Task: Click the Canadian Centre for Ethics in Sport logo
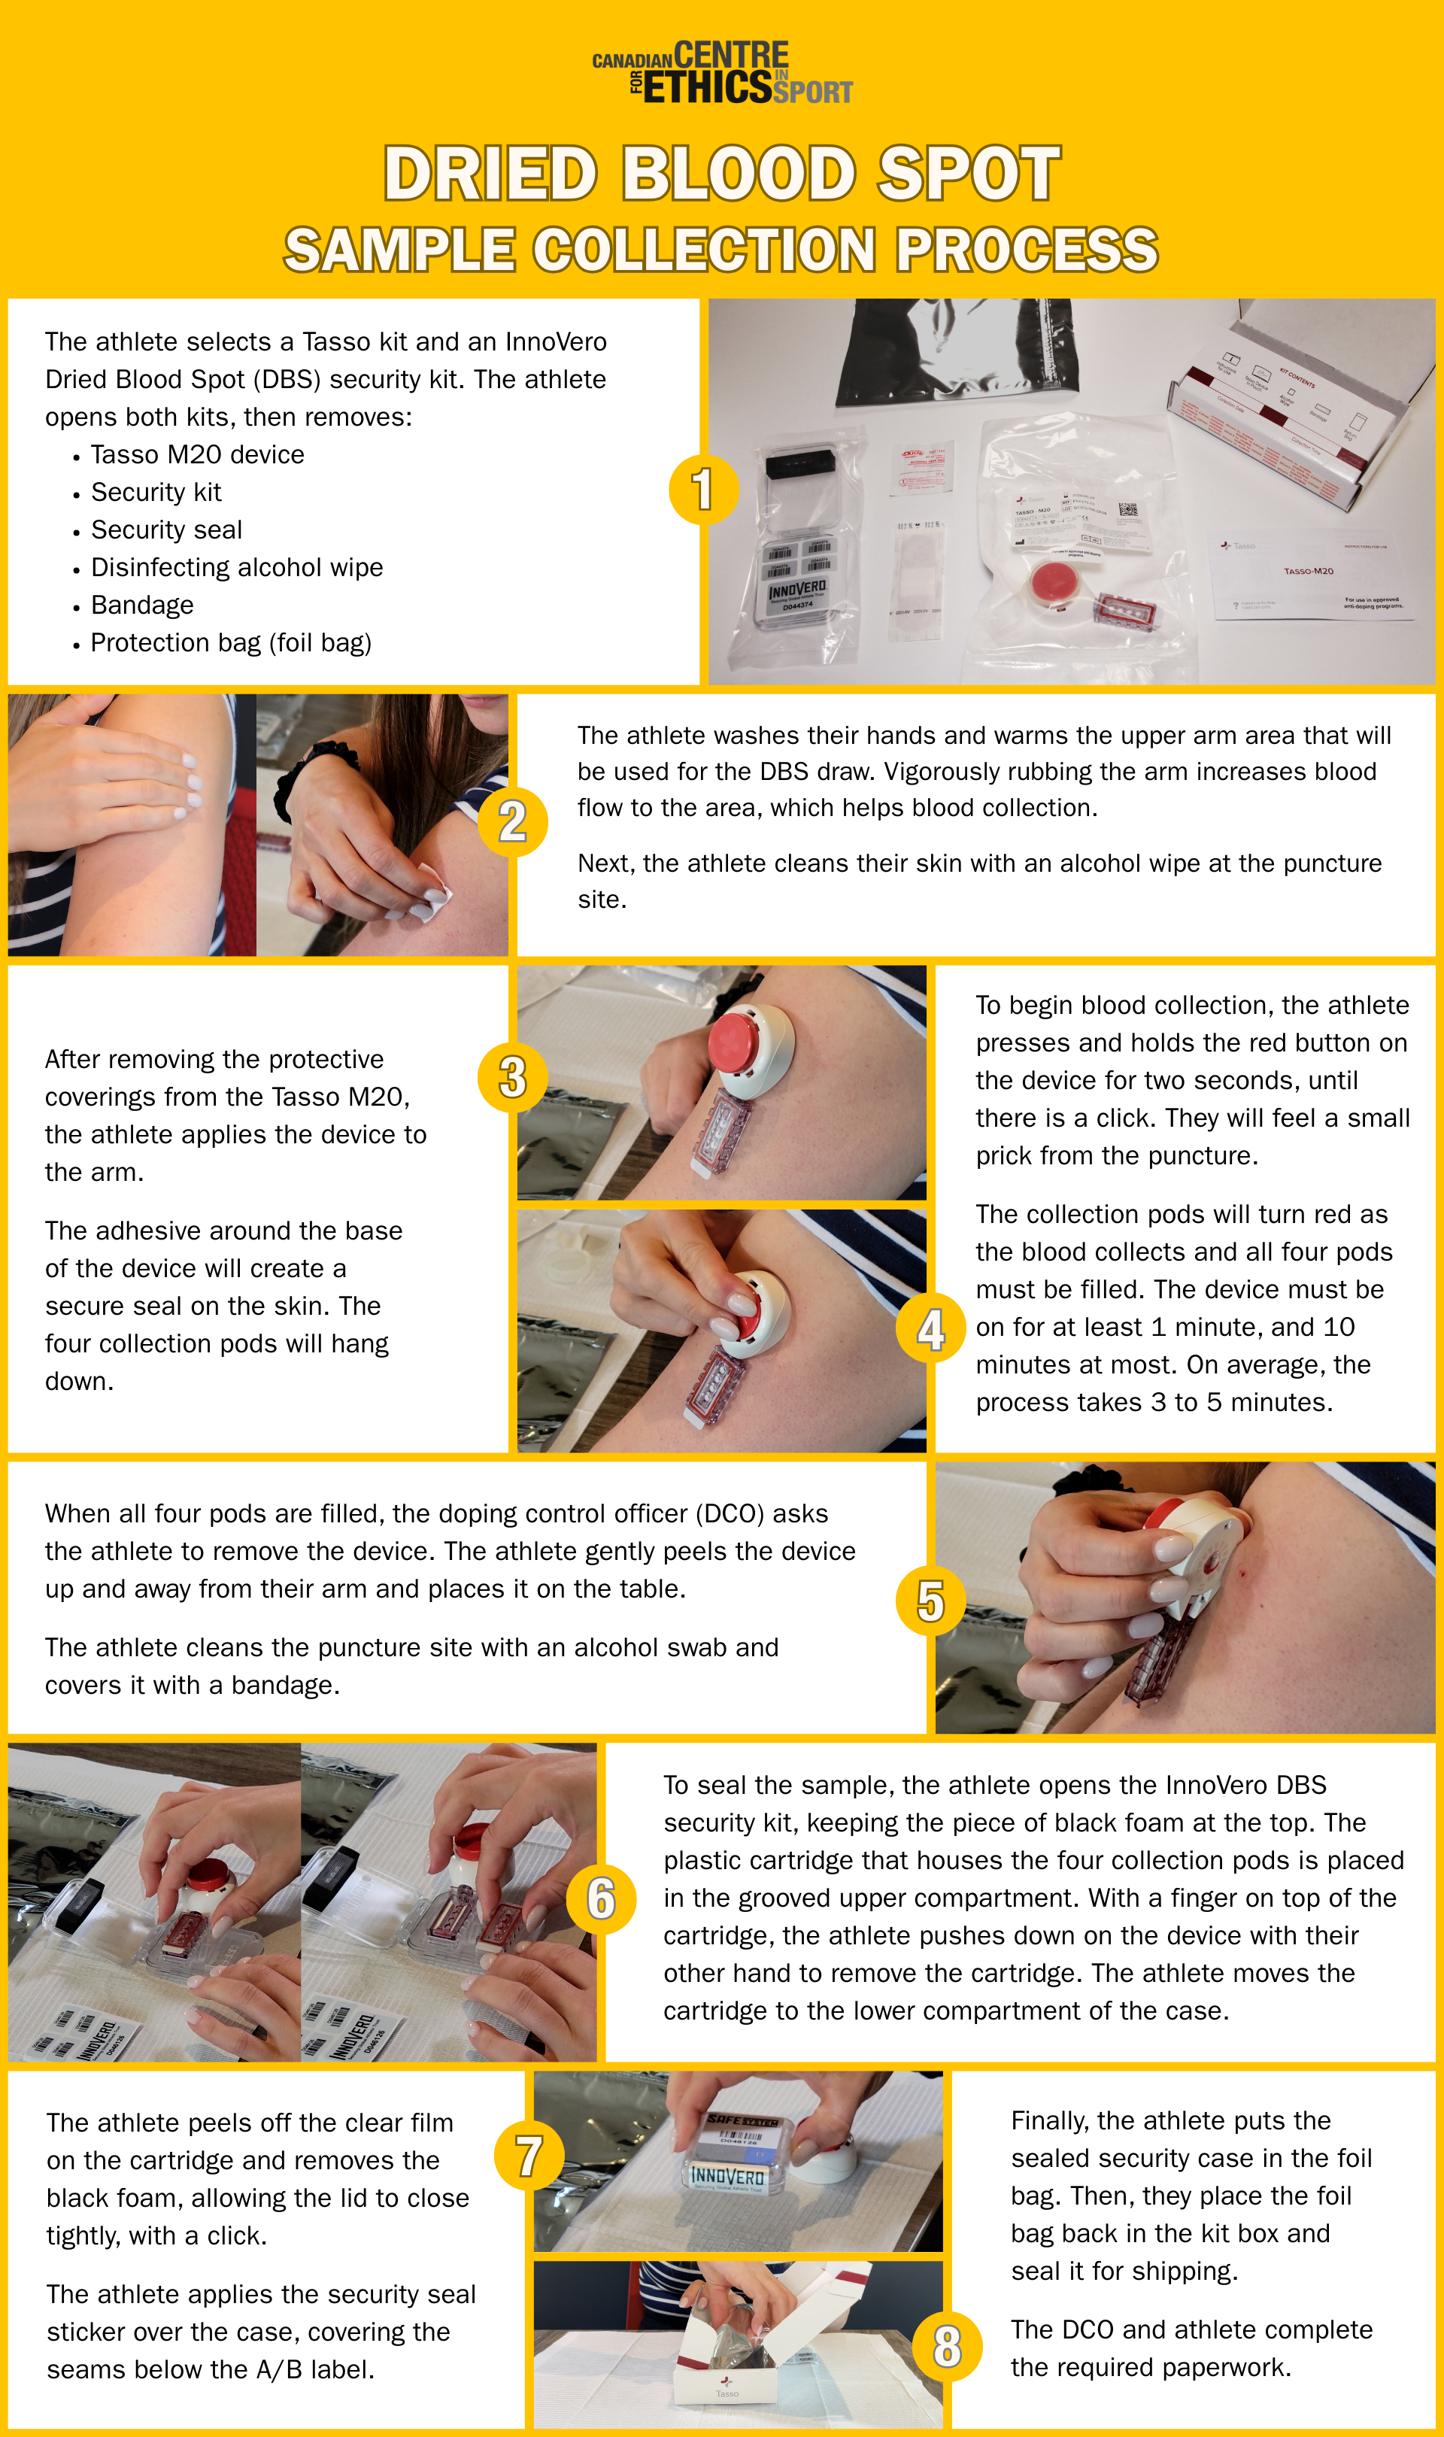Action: (722, 73)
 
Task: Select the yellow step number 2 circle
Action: (513, 822)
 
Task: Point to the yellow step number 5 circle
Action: (930, 1601)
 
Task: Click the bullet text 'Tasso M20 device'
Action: (198, 455)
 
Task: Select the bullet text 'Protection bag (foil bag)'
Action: (231, 643)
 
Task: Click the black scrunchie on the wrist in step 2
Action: (292, 783)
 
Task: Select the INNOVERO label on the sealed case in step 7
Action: (727, 2175)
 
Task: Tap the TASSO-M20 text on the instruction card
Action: (1308, 571)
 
